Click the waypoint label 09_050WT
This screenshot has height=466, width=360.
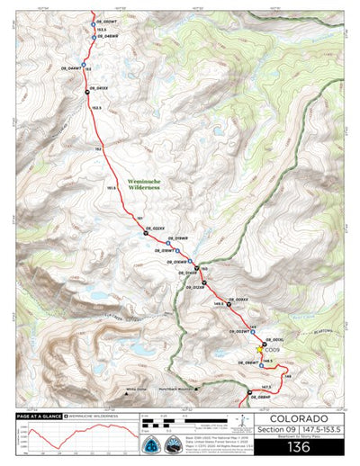coord(106,21)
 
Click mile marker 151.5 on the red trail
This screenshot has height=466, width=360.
coord(112,188)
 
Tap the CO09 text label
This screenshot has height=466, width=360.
coord(274,349)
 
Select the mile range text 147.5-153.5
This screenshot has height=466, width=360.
coord(326,431)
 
